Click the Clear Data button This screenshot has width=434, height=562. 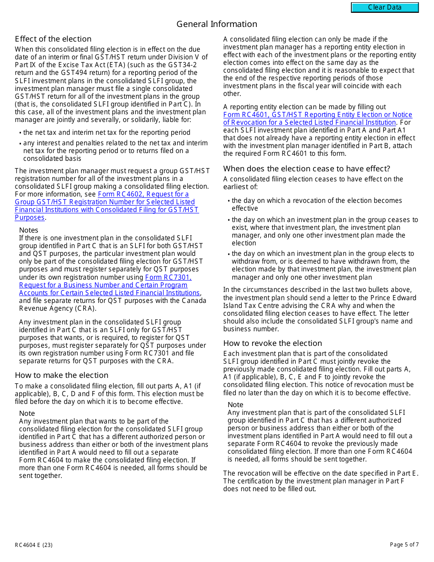(x=385, y=7)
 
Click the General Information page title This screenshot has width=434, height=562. (x=217, y=24)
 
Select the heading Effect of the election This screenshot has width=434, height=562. (x=53, y=39)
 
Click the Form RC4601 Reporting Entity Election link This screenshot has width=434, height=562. (x=317, y=119)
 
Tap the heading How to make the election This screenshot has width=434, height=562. (x=61, y=375)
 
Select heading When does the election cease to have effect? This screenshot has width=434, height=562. (x=307, y=169)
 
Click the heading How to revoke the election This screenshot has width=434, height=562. (x=272, y=343)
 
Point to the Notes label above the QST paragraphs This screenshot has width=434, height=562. (x=29, y=230)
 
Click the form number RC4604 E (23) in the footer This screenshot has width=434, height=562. (x=33, y=545)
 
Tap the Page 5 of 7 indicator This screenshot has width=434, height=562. (x=404, y=545)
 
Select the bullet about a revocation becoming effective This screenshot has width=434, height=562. (x=317, y=204)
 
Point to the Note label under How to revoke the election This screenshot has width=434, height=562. (x=235, y=405)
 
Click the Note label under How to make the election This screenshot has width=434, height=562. (x=27, y=414)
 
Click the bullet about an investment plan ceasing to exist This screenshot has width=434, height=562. (x=324, y=232)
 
